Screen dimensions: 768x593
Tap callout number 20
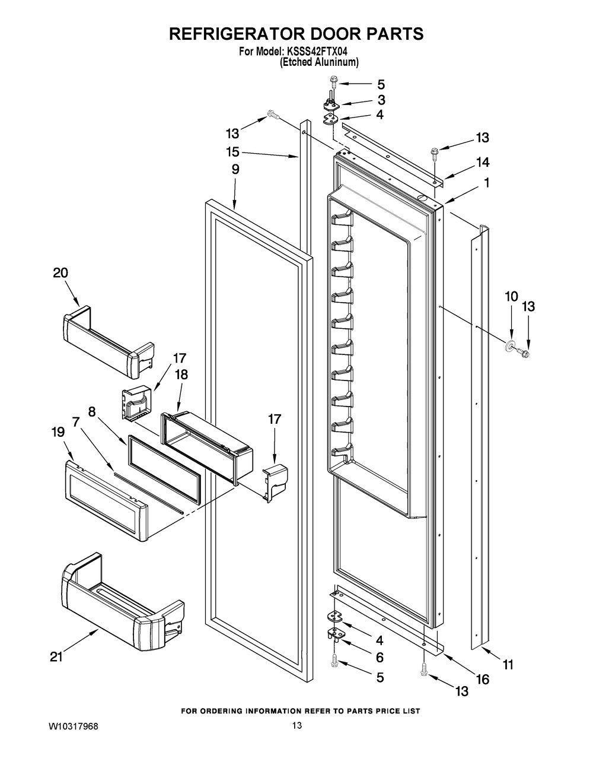[x=60, y=273]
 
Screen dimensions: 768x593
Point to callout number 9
[x=235, y=169]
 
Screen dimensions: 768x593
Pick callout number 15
[x=232, y=151]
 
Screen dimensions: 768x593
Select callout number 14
[x=482, y=162]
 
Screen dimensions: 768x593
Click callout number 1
[x=487, y=183]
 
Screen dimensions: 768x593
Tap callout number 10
[x=511, y=296]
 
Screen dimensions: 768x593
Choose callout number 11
[x=508, y=665]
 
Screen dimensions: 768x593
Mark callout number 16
[x=483, y=680]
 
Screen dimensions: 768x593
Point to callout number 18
[x=181, y=375]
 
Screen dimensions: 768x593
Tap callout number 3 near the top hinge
[x=381, y=100]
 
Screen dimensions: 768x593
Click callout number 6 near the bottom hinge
[x=380, y=657]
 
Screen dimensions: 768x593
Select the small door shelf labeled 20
[x=107, y=341]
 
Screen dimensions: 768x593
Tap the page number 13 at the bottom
[x=297, y=725]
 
